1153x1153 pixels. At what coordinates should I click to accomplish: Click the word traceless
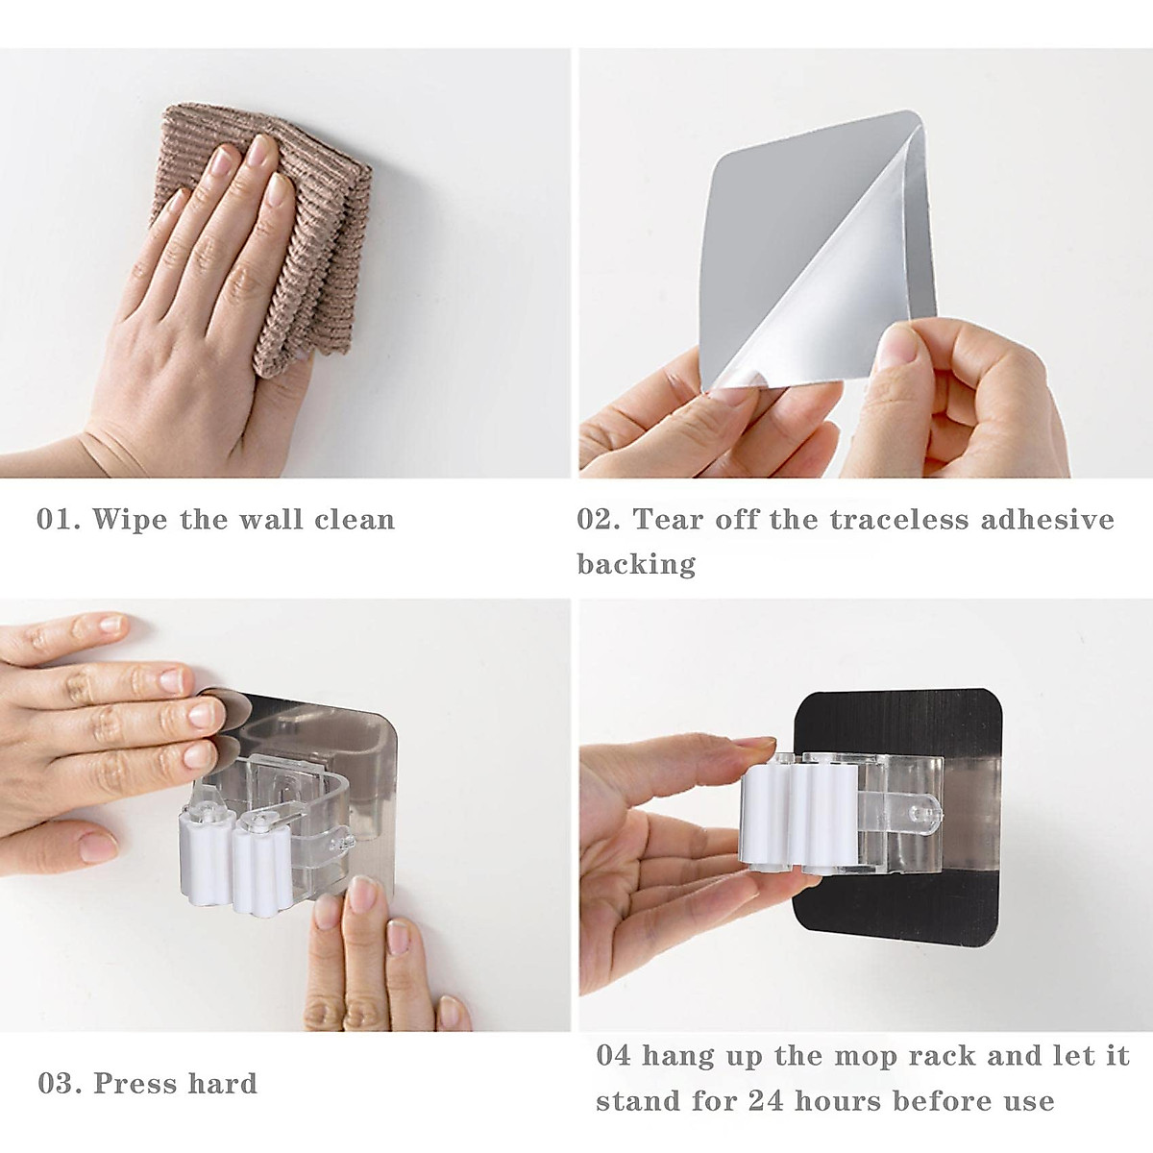click(899, 519)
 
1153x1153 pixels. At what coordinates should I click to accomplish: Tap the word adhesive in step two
click(1047, 519)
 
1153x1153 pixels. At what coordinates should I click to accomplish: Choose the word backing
click(636, 564)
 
